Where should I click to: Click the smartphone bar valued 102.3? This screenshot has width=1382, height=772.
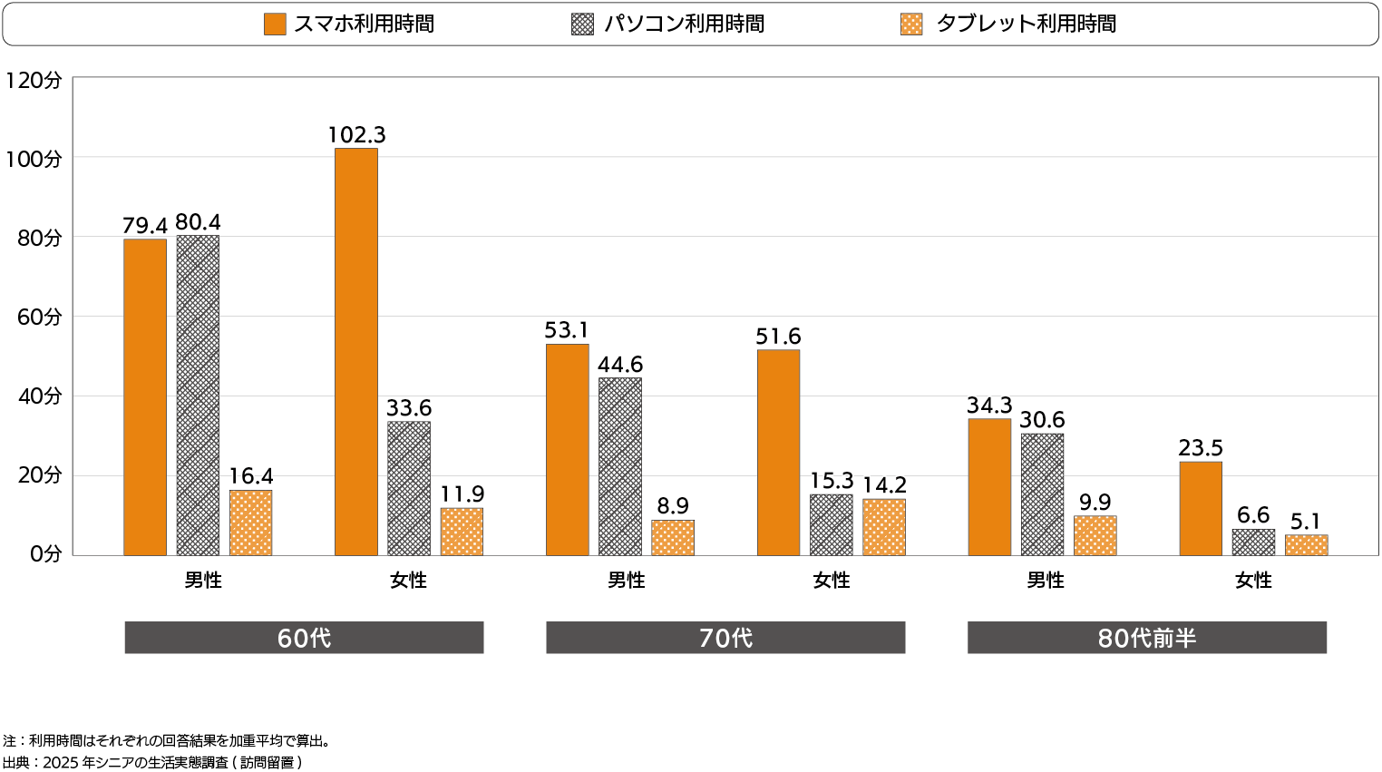(x=356, y=351)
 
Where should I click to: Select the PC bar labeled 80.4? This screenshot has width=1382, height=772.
(x=198, y=396)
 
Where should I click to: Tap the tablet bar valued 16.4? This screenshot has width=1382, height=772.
(x=250, y=523)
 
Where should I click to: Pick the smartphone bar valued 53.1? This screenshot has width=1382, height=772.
(x=567, y=449)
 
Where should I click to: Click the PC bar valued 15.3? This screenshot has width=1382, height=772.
(x=832, y=524)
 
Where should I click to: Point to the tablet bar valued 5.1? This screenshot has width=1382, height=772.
(x=1306, y=544)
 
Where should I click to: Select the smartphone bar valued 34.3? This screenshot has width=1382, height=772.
(x=989, y=486)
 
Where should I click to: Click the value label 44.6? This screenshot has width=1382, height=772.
(x=620, y=365)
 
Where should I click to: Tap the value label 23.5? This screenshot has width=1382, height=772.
(x=1201, y=448)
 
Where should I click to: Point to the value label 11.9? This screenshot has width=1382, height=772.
(x=462, y=494)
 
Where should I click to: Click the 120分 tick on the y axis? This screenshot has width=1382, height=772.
(x=34, y=81)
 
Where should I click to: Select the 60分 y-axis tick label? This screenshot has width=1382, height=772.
(x=39, y=318)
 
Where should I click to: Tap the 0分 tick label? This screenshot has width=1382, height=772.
(x=45, y=554)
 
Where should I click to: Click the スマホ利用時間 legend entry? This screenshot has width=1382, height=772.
(x=349, y=24)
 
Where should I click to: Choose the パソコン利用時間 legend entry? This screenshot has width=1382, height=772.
(x=668, y=24)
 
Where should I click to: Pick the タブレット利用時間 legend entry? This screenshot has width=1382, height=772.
(x=1008, y=24)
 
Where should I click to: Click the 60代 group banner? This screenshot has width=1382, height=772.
(x=304, y=638)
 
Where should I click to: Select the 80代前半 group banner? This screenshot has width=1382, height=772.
(x=1147, y=638)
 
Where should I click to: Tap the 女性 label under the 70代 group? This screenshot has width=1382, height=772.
(x=832, y=581)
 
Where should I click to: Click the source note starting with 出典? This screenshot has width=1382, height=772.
(x=152, y=763)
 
